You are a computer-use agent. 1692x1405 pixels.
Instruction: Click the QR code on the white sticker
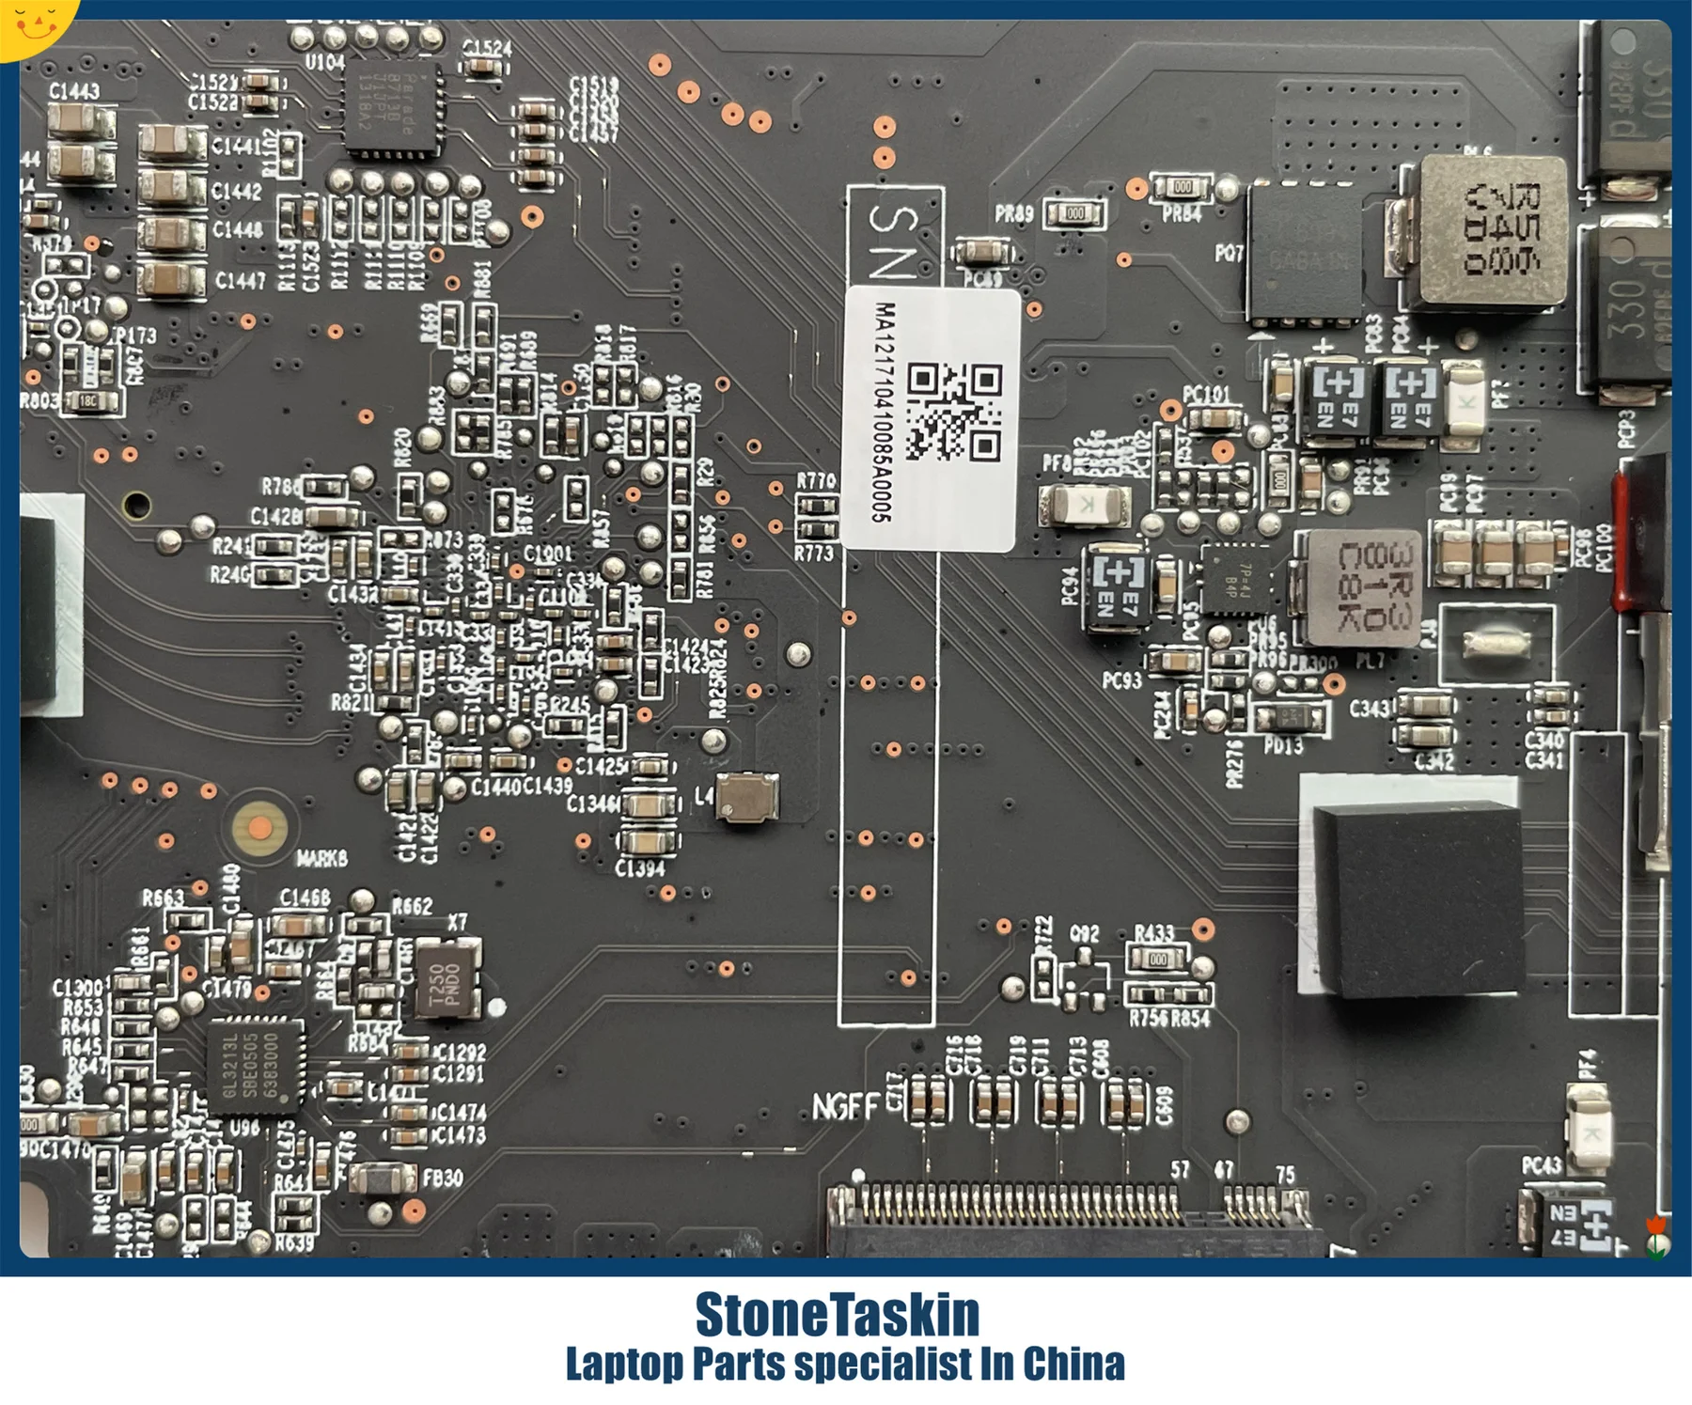(x=954, y=411)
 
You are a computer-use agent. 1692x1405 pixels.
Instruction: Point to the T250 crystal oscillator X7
(x=446, y=978)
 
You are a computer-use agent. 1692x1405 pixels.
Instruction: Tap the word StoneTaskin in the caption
(x=837, y=1315)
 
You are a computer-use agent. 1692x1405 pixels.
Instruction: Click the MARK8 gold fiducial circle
(x=260, y=828)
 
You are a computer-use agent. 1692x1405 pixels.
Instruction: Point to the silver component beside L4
(x=747, y=798)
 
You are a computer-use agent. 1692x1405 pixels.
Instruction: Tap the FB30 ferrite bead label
(x=442, y=1178)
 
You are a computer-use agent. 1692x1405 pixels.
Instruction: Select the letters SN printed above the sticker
(x=893, y=240)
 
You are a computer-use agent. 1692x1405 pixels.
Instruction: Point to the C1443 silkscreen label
(x=74, y=91)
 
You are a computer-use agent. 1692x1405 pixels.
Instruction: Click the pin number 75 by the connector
(x=1285, y=1174)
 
